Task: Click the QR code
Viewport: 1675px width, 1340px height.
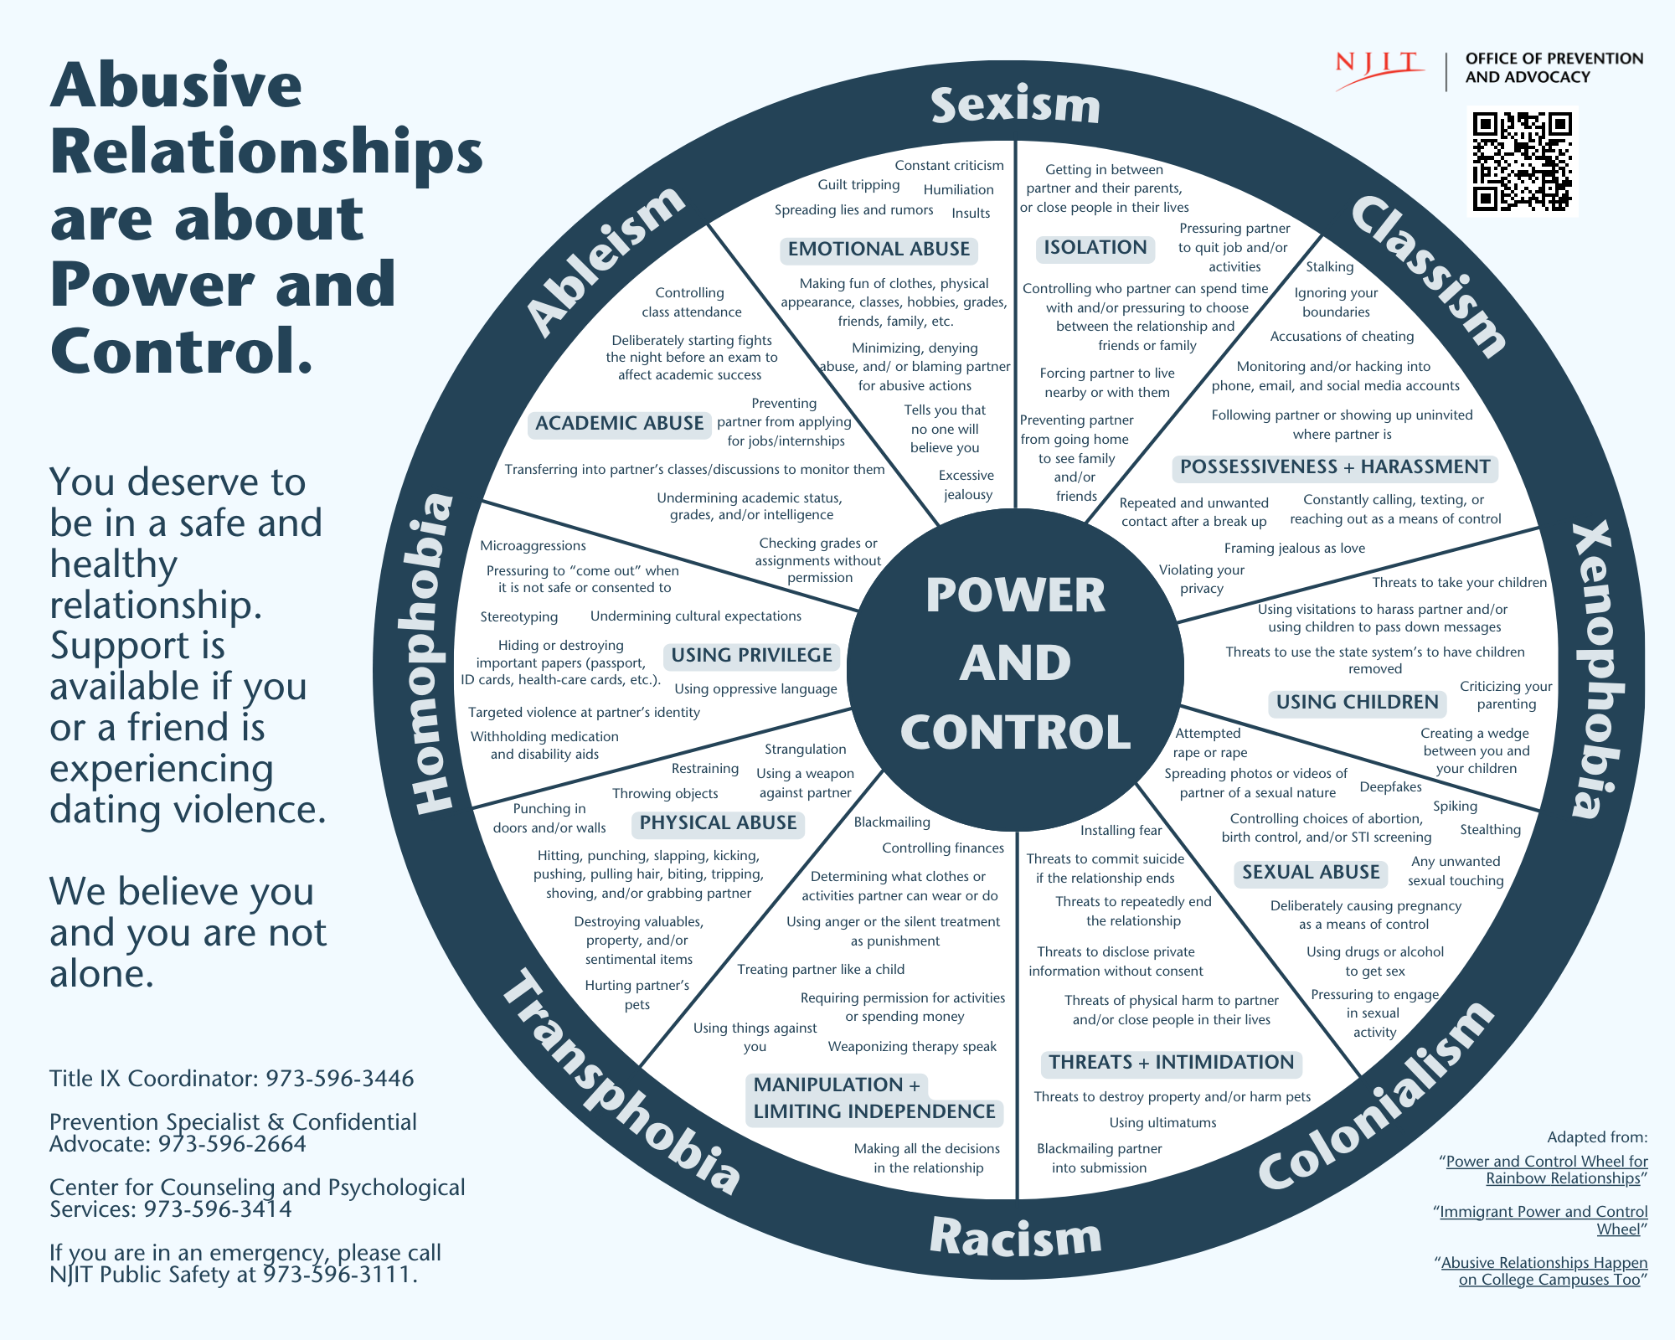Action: tap(1522, 161)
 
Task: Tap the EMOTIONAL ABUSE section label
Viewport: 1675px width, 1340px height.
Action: tap(879, 250)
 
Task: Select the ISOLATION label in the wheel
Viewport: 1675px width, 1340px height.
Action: tap(1095, 248)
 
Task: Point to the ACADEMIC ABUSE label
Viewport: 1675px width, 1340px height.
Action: tap(619, 424)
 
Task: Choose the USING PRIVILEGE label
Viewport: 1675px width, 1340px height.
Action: tap(751, 656)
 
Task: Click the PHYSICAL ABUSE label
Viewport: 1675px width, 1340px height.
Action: tap(718, 823)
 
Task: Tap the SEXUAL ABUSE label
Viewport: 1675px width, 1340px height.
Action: tap(1311, 873)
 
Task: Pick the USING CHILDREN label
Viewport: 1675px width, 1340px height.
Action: tap(1357, 703)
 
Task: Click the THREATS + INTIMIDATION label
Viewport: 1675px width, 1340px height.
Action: tap(1171, 1063)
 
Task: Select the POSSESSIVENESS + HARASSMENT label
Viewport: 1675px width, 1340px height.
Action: tap(1335, 467)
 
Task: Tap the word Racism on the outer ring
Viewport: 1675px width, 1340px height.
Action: tap(1015, 1237)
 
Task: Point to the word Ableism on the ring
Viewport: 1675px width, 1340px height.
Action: tap(605, 260)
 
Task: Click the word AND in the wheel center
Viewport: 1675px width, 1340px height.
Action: tap(1015, 663)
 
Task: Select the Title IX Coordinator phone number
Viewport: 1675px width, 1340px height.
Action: tap(339, 1079)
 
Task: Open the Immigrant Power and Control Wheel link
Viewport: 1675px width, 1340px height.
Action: tap(1543, 1220)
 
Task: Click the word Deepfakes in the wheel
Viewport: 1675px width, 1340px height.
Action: tap(1390, 787)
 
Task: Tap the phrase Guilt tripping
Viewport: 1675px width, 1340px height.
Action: tap(858, 185)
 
